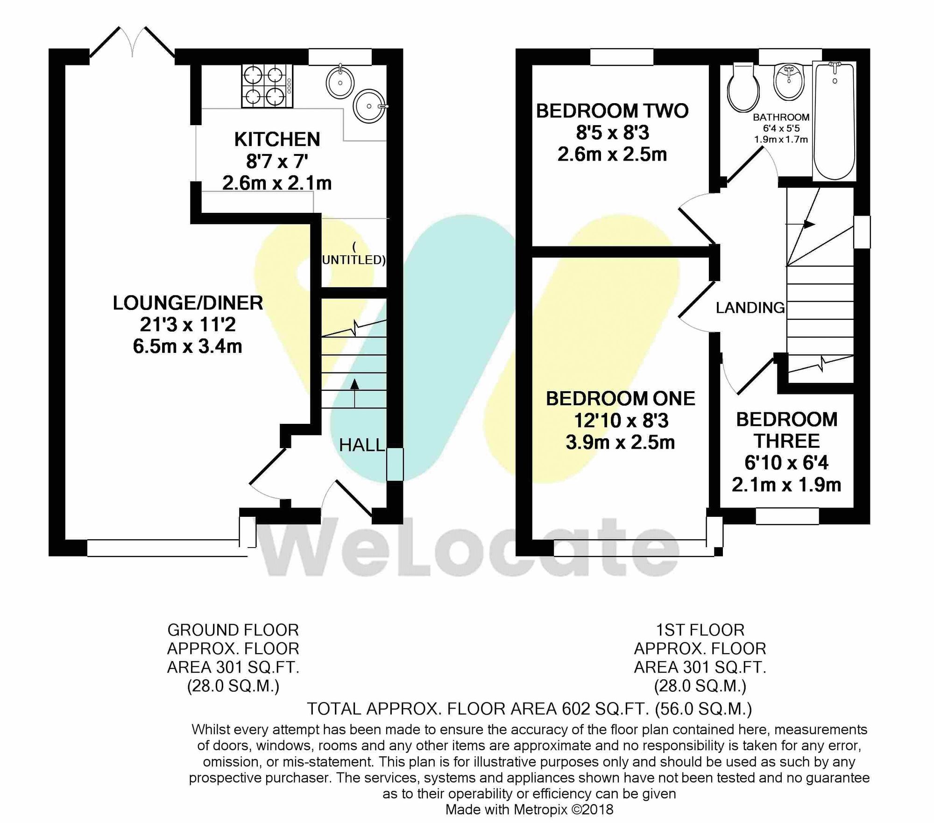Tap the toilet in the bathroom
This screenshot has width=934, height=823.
(743, 88)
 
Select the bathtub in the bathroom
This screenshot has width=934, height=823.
(835, 121)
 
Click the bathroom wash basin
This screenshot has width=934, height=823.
(789, 82)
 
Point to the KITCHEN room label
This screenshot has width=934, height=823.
(277, 140)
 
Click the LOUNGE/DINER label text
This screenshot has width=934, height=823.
(188, 303)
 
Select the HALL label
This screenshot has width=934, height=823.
(361, 445)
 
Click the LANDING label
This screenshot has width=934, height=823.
(750, 308)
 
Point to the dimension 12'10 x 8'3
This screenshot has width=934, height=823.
(621, 421)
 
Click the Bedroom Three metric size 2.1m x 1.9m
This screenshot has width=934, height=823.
(786, 485)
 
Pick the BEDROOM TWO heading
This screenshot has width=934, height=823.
(612, 111)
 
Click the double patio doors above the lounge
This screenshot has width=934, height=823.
(133, 44)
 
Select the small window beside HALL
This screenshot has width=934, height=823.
(395, 464)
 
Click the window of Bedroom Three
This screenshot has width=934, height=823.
(787, 516)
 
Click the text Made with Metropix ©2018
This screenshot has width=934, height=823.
(529, 809)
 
